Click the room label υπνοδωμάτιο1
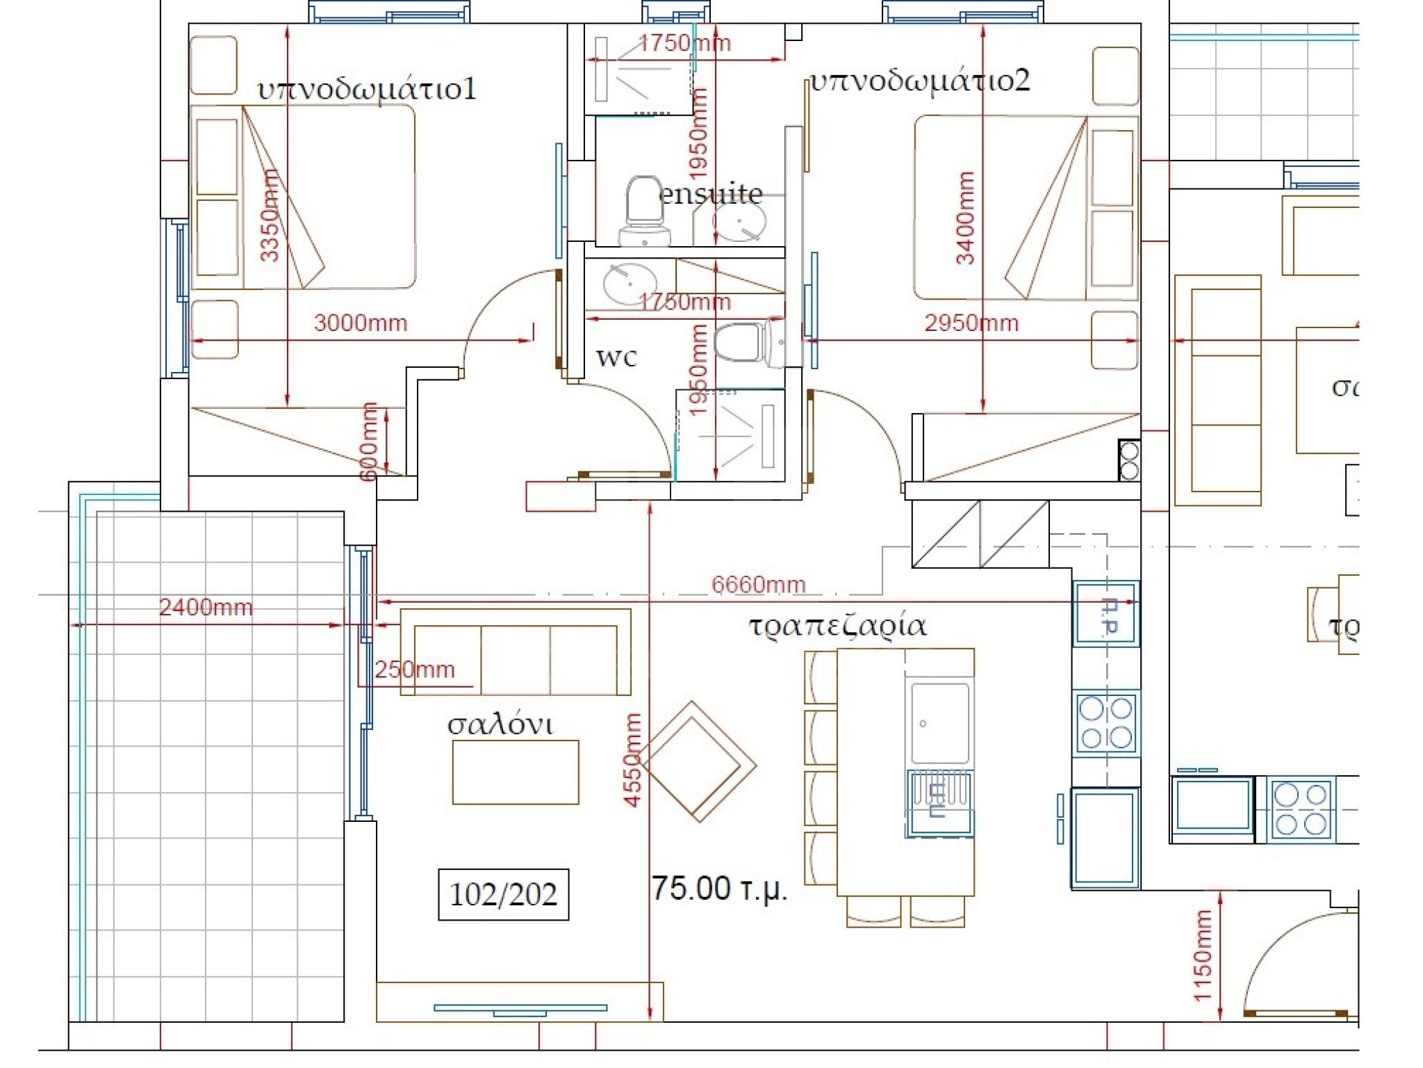tap(367, 90)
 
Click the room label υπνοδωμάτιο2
tap(920, 81)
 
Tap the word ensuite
tap(710, 193)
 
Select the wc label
tap(616, 356)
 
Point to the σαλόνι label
tap(500, 725)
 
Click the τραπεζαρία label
tap(837, 625)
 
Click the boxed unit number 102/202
tap(503, 894)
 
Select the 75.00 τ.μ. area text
tap(719, 889)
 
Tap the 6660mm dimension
tap(758, 585)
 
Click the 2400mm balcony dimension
tap(206, 607)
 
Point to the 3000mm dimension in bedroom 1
tap(360, 323)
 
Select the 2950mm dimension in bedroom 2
tap(971, 323)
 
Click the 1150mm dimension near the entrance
tap(1203, 955)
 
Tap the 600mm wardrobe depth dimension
tap(369, 442)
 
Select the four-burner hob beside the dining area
tap(1105, 722)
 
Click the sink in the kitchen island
tap(939, 723)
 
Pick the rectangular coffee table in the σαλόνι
tap(516, 772)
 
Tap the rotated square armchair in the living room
tap(698, 761)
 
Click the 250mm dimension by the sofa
tap(414, 670)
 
